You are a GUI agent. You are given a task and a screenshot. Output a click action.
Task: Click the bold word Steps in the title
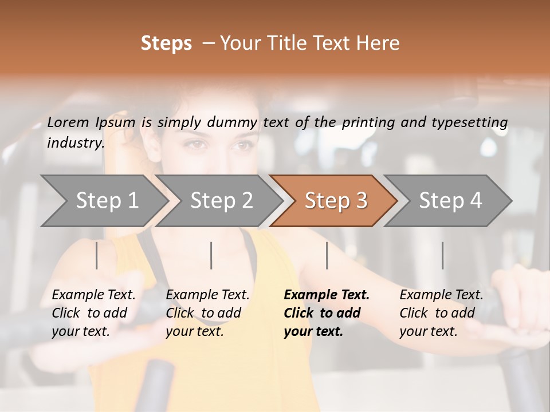[x=166, y=43]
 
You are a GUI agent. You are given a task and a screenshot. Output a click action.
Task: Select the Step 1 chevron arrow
[x=107, y=200]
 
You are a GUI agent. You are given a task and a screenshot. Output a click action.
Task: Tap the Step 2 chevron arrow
[x=221, y=200]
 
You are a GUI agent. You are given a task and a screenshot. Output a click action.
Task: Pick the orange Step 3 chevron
[x=336, y=200]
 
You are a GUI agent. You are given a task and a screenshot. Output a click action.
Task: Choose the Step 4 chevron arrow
[x=450, y=200]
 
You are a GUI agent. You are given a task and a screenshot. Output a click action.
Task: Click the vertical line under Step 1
[x=97, y=255]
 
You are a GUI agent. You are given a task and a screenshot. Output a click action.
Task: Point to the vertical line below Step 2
[x=211, y=255]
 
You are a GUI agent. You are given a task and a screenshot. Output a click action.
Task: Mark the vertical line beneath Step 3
[x=327, y=255]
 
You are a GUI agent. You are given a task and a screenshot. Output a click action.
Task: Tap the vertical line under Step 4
[x=442, y=255]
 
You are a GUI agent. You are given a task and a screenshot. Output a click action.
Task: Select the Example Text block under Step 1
[x=93, y=313]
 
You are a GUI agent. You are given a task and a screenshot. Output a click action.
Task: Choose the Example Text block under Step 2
[x=207, y=313]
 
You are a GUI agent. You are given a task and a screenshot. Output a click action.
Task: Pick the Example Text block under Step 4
[x=441, y=313]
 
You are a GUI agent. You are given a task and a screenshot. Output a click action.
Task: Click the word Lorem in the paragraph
[x=68, y=122]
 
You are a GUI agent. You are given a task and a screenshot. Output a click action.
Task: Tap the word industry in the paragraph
[x=76, y=142]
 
